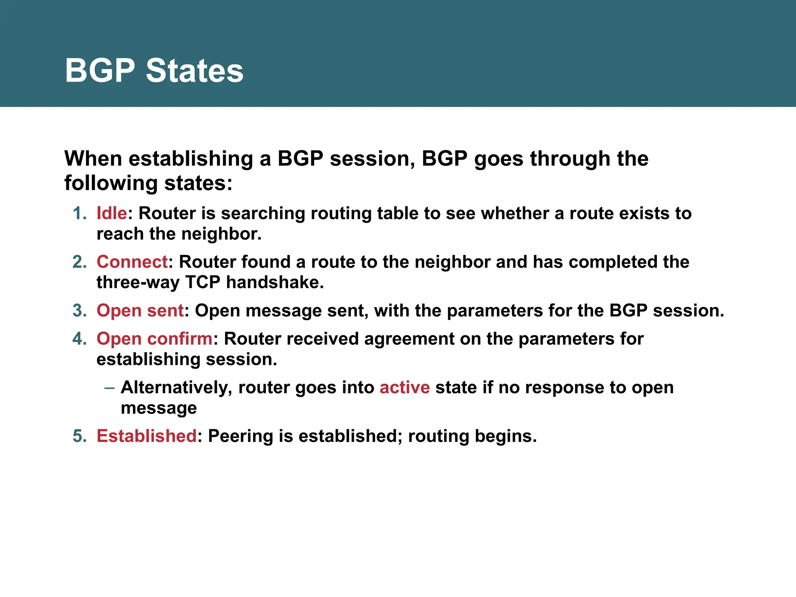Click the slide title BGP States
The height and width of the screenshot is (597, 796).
coord(154,70)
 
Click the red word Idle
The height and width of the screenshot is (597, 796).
coord(112,213)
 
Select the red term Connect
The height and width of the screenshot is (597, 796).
coord(132,262)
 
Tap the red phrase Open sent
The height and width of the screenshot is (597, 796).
coord(140,311)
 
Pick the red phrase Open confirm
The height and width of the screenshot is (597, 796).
coord(154,339)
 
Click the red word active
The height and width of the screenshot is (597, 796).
coord(405,388)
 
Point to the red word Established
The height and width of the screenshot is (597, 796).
coord(147,436)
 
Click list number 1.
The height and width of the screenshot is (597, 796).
coord(79,213)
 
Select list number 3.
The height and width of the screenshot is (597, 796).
coord(79,311)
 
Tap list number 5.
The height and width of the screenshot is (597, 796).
coord(79,436)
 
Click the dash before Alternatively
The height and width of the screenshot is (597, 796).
coord(109,388)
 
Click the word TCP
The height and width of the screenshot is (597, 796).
coord(203,283)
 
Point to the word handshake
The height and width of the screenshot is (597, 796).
coord(274,283)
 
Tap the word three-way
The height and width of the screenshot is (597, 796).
coord(138,283)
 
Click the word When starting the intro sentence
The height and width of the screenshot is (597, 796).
coord(93,159)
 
